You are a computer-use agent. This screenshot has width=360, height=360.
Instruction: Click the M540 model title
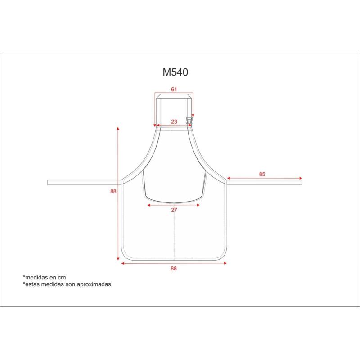175,72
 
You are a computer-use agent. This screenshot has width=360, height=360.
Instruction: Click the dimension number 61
174,89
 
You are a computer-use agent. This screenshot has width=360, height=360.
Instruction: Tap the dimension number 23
174,121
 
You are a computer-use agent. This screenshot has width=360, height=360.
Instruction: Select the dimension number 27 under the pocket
174,210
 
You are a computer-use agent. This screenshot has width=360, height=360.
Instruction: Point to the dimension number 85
262,174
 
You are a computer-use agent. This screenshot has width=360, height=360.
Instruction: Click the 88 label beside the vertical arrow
113,191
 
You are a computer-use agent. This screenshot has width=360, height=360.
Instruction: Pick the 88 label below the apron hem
174,268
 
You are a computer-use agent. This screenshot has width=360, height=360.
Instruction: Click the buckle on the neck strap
189,121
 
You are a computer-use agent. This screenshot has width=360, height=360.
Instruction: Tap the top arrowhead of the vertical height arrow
118,129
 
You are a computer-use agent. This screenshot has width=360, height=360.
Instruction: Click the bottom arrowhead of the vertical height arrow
118,259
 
